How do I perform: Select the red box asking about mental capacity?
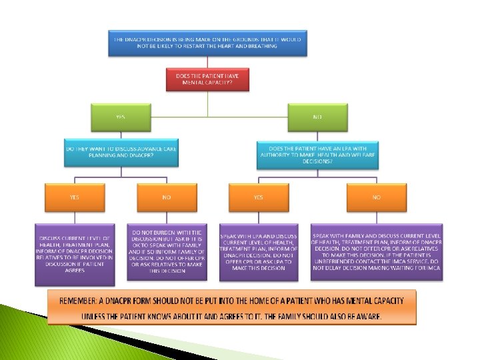click(207, 80)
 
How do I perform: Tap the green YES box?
click(120, 117)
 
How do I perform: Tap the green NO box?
click(317, 117)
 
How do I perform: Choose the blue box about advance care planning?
click(121, 153)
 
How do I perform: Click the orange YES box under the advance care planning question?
click(74, 197)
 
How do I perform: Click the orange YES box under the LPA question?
click(258, 197)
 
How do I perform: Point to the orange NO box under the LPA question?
click(376, 197)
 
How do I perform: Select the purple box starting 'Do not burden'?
click(167, 252)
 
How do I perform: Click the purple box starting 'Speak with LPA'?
click(259, 252)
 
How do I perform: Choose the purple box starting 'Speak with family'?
click(377, 252)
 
